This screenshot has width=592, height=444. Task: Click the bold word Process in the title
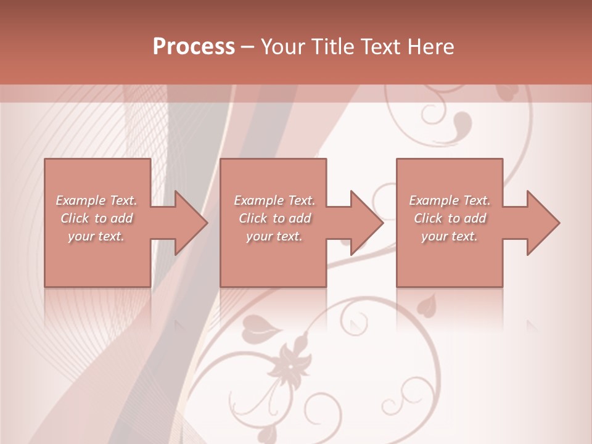tap(194, 46)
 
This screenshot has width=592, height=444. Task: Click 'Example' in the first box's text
tap(80, 200)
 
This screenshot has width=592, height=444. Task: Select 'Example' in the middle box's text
tap(258, 200)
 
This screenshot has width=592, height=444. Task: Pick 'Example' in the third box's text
tap(434, 200)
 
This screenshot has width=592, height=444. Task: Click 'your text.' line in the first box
tap(96, 236)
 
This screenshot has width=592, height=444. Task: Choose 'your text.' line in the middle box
tap(274, 236)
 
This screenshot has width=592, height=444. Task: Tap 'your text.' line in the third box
tap(449, 236)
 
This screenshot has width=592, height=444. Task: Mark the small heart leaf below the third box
tap(425, 305)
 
